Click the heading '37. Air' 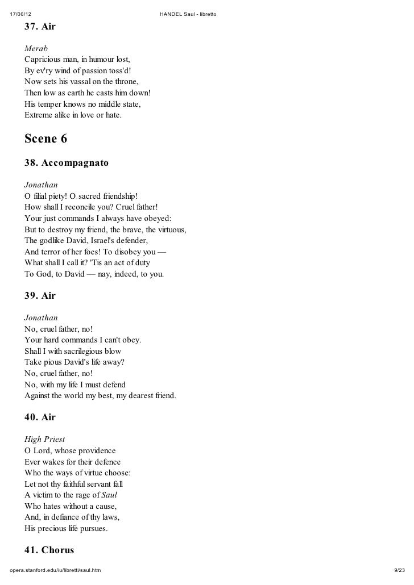point(40,27)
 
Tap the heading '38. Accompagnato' point(66,163)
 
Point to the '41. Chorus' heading point(49,550)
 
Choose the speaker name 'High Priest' point(44,439)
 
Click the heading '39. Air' point(40,296)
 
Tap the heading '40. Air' point(40,417)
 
